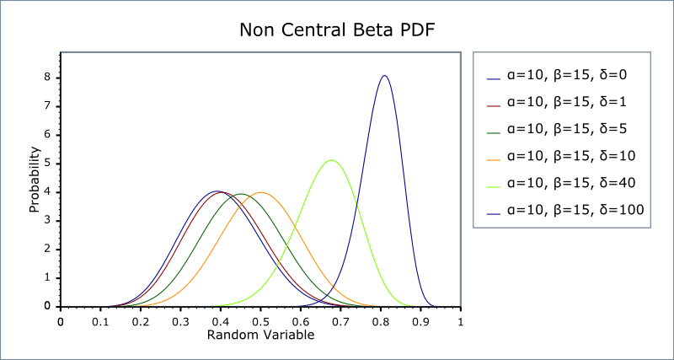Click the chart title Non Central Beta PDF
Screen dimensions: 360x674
pos(337,31)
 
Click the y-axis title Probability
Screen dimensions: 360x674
pos(35,180)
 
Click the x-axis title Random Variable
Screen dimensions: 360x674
pos(260,335)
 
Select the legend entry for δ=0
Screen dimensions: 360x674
pos(566,75)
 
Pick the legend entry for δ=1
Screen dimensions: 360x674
pos(566,102)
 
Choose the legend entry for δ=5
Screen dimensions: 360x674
pos(566,129)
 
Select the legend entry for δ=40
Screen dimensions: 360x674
pos(570,182)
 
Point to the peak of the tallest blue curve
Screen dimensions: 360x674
pos(384,76)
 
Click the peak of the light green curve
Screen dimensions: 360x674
pos(331,160)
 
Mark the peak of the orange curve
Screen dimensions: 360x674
pos(260,192)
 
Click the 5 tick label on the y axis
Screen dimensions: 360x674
pos(48,163)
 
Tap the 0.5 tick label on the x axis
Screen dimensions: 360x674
pos(260,321)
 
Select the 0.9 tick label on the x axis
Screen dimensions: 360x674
pos(420,321)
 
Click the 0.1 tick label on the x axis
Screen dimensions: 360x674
pos(100,321)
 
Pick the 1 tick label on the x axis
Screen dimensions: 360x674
pos(460,321)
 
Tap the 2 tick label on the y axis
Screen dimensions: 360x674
pos(48,249)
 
